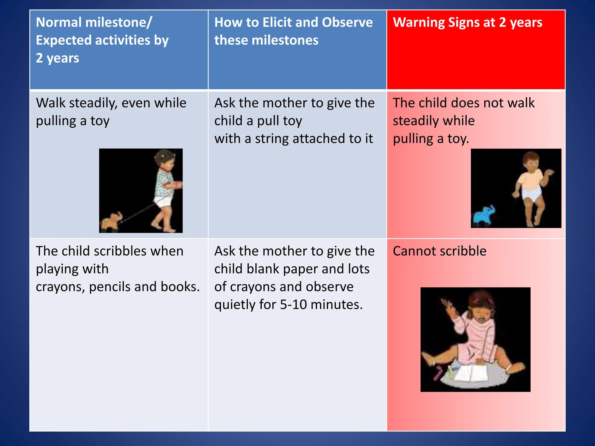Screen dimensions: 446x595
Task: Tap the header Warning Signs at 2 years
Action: pyautogui.click(x=467, y=22)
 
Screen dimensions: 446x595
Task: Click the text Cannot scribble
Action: pyautogui.click(x=439, y=251)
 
